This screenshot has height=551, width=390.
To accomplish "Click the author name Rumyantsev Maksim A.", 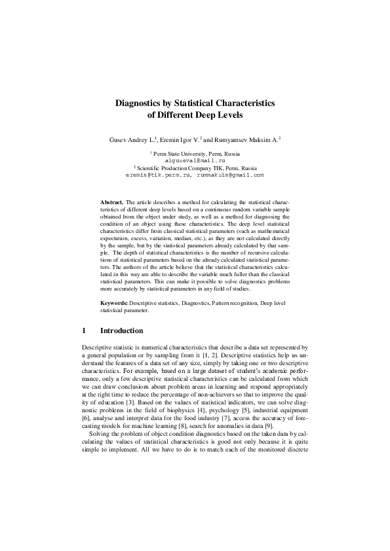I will [245, 139].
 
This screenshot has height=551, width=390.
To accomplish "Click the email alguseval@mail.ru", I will [195, 160].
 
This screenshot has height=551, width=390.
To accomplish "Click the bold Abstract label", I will [111, 203].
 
